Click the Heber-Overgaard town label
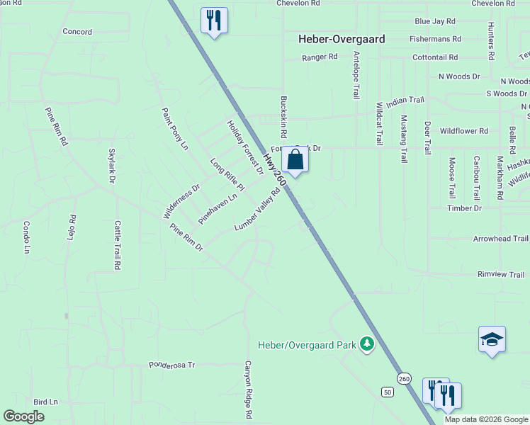pos(342,40)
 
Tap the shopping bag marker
pos(295,160)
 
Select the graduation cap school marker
pos(492,339)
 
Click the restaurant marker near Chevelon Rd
pos(214,20)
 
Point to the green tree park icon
pos(367,345)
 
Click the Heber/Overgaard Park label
pos(306,345)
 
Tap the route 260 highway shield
pos(404,378)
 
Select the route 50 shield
pos(387,392)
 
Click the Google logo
pos(24,416)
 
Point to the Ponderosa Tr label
pos(171,365)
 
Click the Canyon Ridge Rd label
pos(249,389)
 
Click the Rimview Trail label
pos(500,275)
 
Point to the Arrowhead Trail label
pos(500,239)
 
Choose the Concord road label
pos(77,32)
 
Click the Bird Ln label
pos(45,401)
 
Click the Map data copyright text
pos(486,419)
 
